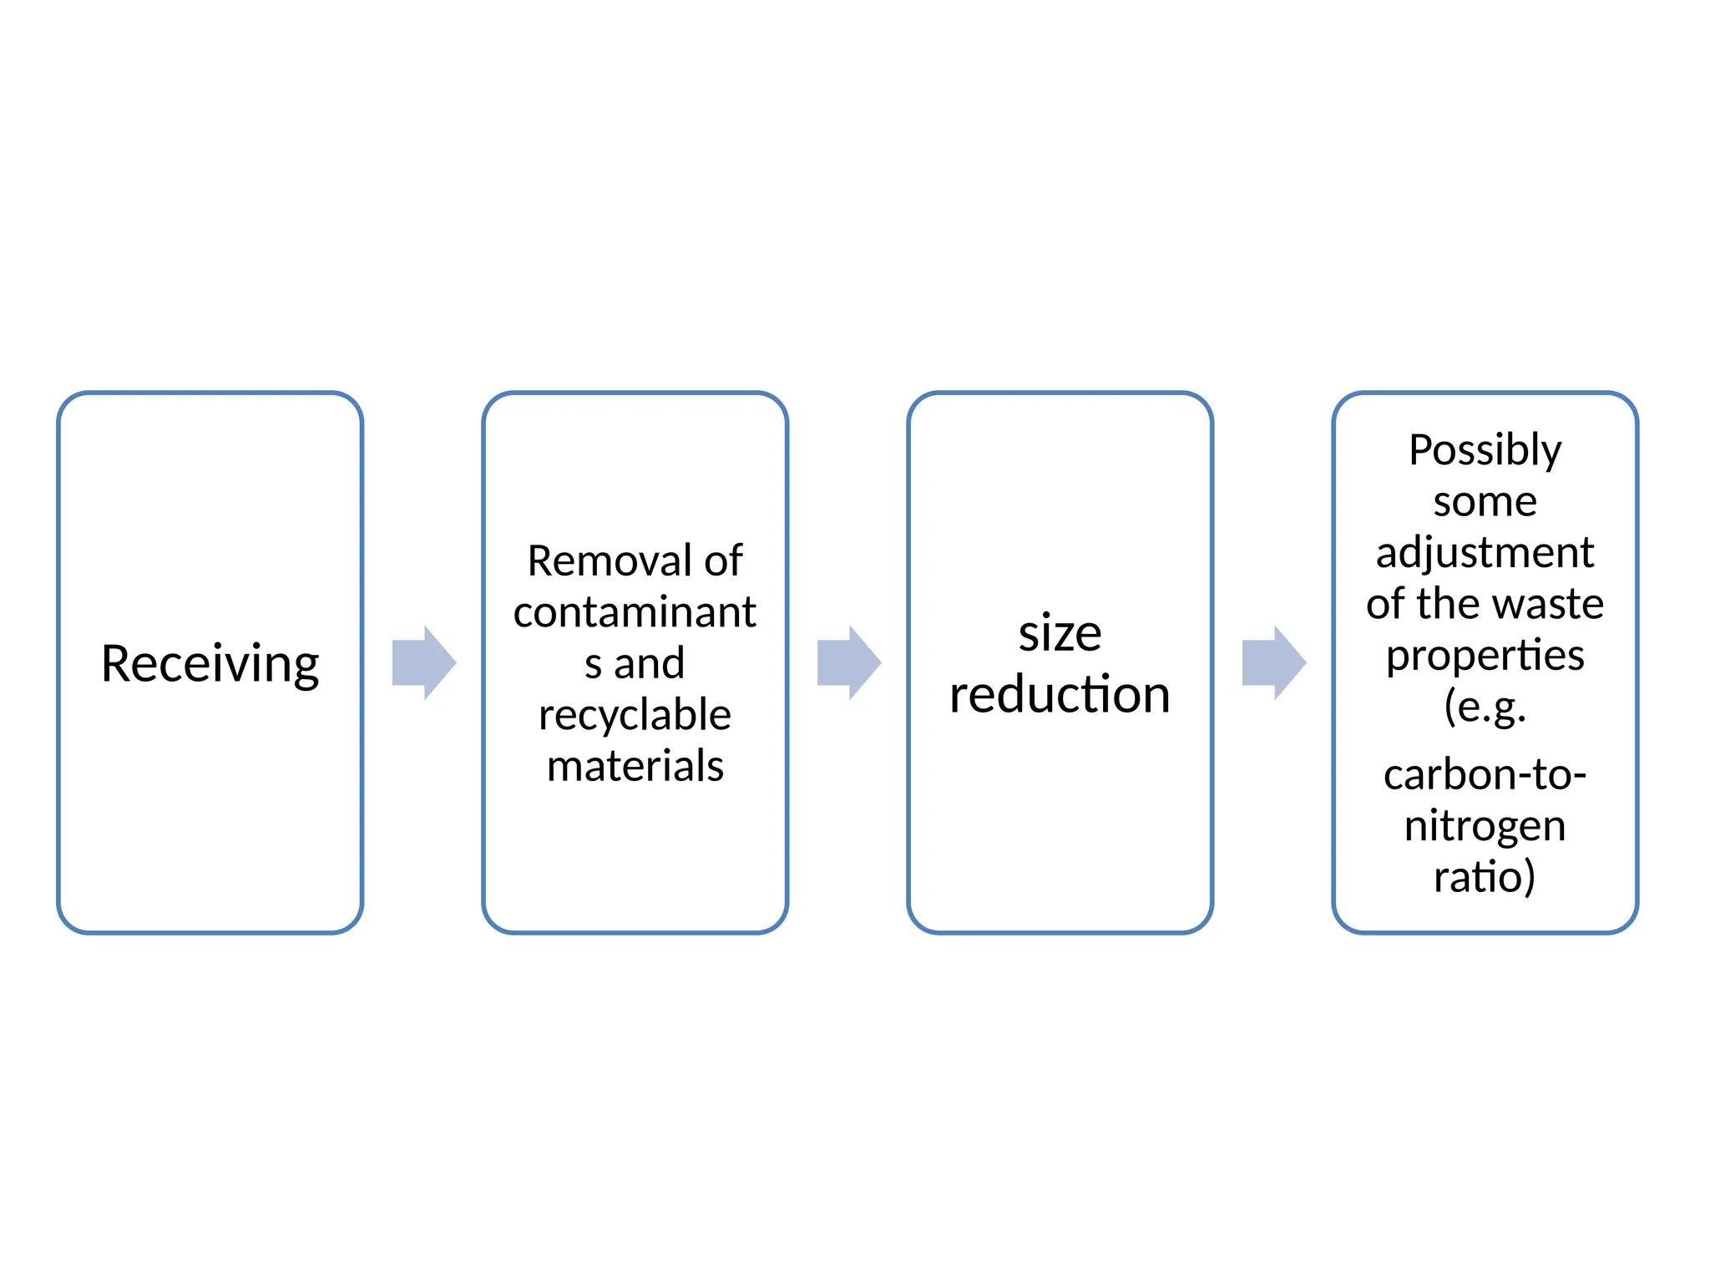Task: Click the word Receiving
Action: pos(210,664)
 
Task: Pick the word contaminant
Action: pos(635,612)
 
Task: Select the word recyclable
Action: pos(635,715)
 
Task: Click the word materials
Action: pos(635,766)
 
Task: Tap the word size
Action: pos(1060,633)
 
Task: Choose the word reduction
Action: pos(1060,694)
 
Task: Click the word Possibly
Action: pos(1485,451)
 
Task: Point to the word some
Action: pos(1485,502)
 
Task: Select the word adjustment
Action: pos(1485,553)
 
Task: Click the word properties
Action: pos(1485,656)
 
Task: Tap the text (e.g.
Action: pos(1485,707)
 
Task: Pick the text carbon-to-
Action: pos(1485,774)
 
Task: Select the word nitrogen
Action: pos(1485,826)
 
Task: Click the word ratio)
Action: pos(1485,877)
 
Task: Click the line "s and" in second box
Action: pos(635,664)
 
